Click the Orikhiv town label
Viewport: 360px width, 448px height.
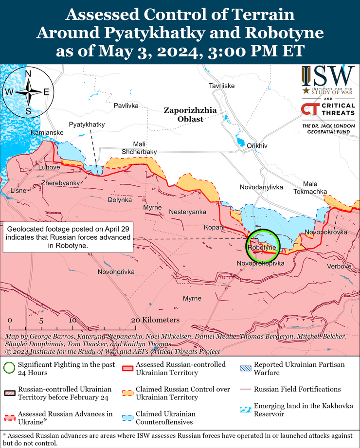[x=257, y=145]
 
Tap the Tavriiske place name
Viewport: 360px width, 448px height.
[x=222, y=86]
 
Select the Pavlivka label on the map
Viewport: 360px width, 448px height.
[x=126, y=106]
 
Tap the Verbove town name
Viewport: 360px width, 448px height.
[x=339, y=267]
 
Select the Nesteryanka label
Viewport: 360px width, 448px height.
[x=188, y=212]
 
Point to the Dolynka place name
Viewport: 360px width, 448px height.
[x=120, y=199]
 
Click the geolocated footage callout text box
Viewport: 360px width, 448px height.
[x=69, y=238]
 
